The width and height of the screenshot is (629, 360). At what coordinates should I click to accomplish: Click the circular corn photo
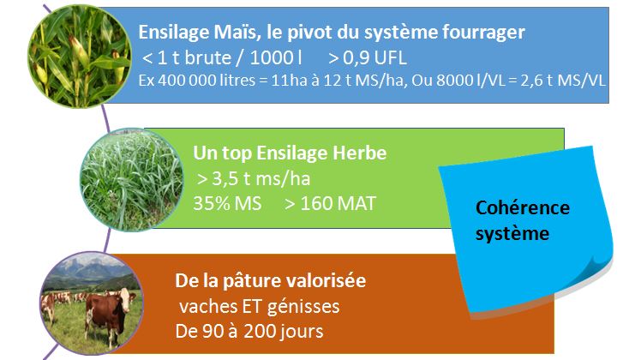[80, 57]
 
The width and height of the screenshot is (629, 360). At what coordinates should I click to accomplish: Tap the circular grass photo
[132, 180]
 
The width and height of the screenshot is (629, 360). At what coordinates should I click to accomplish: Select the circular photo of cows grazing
[92, 303]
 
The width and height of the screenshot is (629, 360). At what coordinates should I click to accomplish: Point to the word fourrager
[483, 33]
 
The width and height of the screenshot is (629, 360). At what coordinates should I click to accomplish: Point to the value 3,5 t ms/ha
[261, 179]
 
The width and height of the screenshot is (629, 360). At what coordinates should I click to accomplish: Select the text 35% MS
[227, 203]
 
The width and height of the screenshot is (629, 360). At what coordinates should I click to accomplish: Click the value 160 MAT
[338, 203]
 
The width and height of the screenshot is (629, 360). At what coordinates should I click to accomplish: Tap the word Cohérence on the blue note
[522, 208]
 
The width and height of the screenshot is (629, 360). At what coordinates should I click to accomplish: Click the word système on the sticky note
[512, 234]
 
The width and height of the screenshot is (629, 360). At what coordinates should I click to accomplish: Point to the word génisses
[303, 307]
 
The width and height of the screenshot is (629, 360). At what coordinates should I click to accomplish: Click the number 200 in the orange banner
[259, 332]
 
